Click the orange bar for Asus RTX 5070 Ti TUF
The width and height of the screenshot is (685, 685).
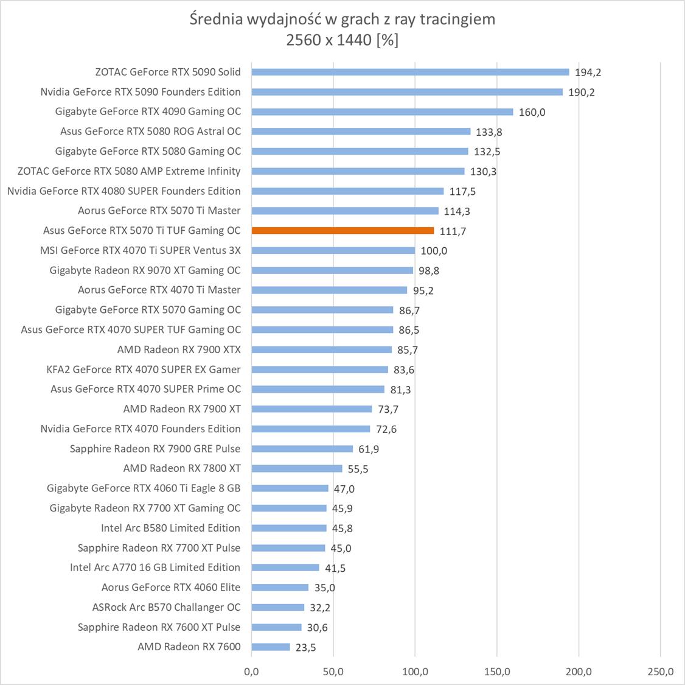[343, 231]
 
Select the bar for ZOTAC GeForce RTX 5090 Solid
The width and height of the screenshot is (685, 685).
[410, 72]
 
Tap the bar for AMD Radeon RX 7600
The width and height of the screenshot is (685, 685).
[271, 647]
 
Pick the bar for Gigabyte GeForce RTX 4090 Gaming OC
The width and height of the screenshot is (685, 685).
[382, 111]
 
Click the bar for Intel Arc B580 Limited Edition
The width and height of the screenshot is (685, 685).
[289, 528]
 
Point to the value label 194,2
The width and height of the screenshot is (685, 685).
[588, 72]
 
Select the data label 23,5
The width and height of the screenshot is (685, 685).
[305, 647]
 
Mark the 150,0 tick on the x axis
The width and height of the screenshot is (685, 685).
[497, 672]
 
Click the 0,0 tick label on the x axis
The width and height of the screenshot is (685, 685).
[251, 672]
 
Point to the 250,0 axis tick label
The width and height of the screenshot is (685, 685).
[661, 672]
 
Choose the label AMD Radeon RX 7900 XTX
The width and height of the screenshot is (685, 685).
[179, 350]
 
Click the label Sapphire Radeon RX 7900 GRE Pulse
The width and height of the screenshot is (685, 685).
[155, 449]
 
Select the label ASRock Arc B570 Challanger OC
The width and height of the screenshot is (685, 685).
[166, 607]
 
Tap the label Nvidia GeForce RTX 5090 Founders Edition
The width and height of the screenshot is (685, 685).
[141, 92]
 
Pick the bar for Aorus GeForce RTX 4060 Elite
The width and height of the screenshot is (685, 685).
[280, 588]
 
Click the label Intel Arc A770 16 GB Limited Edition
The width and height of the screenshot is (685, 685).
[155, 567]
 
